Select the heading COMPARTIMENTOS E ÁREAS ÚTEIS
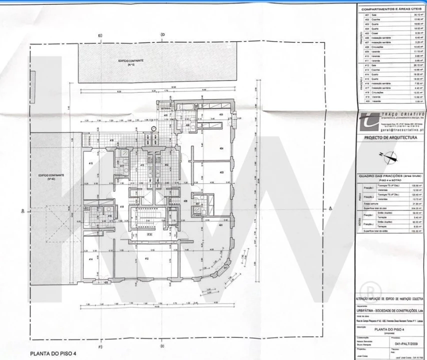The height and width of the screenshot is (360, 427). click(x=391, y=8)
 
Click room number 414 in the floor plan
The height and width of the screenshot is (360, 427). click(x=91, y=259)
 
